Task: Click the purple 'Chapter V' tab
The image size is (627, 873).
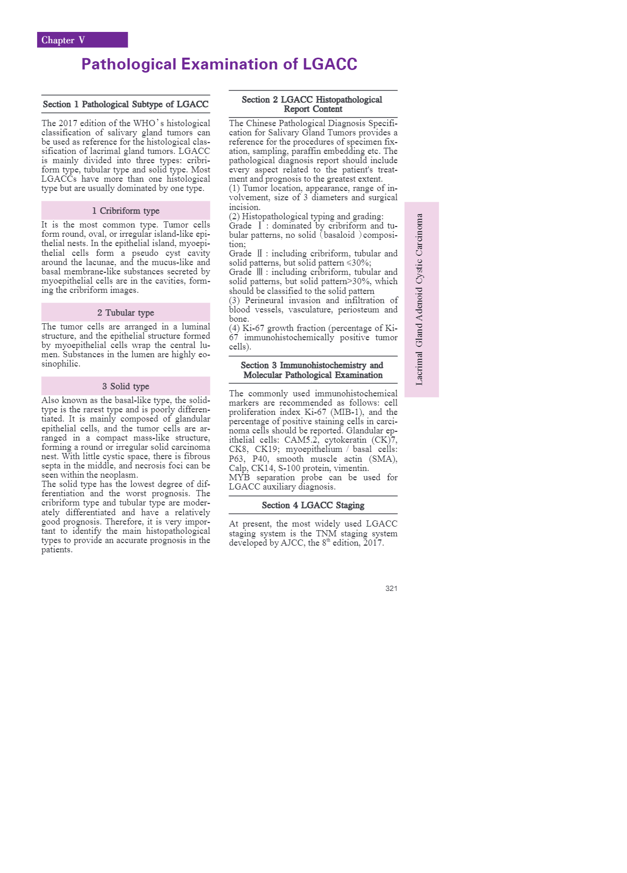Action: pyautogui.click(x=82, y=40)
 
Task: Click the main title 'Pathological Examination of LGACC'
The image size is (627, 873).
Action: pyautogui.click(x=219, y=64)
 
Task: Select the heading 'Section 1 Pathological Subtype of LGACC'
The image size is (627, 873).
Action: pyautogui.click(x=126, y=104)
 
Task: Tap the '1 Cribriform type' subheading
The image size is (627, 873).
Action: pyautogui.click(x=126, y=211)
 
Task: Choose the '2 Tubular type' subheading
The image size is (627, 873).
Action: pyautogui.click(x=126, y=312)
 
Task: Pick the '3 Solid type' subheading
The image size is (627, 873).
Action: pyautogui.click(x=126, y=386)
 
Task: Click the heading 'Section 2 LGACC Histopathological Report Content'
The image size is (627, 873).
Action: pyautogui.click(x=312, y=104)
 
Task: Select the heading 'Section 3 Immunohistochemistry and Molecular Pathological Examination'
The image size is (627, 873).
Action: pyautogui.click(x=312, y=370)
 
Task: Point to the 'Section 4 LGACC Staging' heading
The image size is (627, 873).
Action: pyautogui.click(x=312, y=505)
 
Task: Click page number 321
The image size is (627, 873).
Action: pyautogui.click(x=391, y=588)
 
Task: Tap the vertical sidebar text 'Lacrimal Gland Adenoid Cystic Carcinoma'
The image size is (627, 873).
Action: pyautogui.click(x=420, y=300)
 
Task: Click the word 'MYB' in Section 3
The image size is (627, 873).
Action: pyautogui.click(x=239, y=478)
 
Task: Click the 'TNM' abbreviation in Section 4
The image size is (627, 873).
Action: pyautogui.click(x=326, y=534)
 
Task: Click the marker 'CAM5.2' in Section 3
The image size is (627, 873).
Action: pyautogui.click(x=301, y=440)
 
